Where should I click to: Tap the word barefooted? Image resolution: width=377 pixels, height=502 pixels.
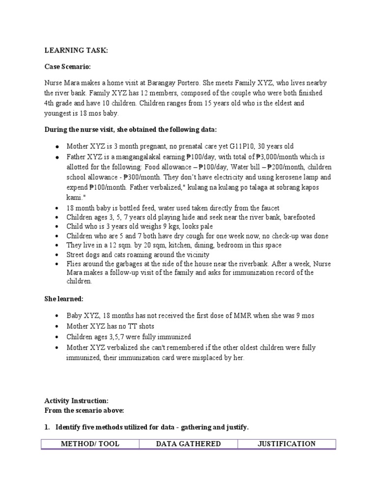click(x=295, y=217)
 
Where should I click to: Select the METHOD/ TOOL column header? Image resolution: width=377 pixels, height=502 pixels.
click(x=90, y=444)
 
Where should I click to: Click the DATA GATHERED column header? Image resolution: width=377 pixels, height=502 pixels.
click(x=188, y=444)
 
